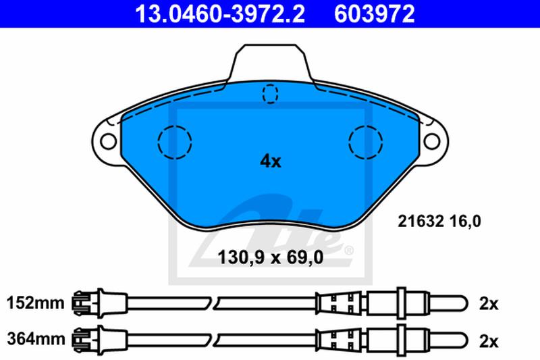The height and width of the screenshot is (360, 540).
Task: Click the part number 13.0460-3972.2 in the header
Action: click(x=220, y=14)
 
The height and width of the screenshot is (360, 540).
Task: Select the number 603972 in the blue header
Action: click(x=375, y=14)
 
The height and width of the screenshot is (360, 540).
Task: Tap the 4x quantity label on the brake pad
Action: click(x=271, y=161)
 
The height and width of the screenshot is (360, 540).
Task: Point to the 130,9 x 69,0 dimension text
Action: click(x=271, y=257)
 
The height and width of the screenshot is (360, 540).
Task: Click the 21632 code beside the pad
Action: click(x=421, y=221)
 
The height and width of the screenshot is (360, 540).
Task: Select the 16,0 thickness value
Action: click(x=465, y=221)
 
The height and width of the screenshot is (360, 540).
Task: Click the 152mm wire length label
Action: click(x=36, y=303)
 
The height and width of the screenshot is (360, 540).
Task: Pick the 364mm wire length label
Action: click(x=36, y=339)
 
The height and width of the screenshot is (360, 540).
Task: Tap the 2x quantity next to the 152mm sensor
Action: click(x=489, y=304)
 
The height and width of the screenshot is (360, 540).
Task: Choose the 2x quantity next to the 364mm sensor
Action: click(x=489, y=341)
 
